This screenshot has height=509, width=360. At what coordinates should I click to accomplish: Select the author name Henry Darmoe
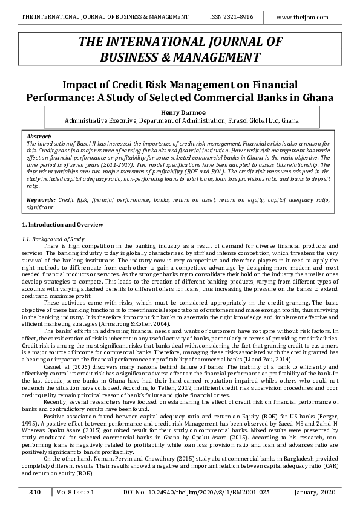click(x=180, y=112)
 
